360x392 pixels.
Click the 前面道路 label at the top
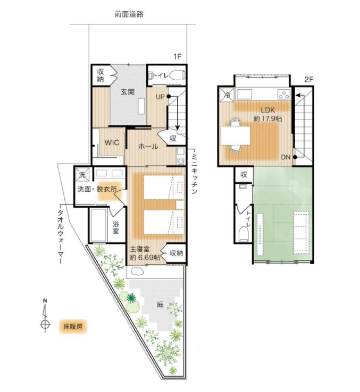pos(129,14)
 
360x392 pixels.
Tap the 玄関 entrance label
pos(128,92)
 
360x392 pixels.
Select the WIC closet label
pos(112,142)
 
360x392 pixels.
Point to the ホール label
pos(148,146)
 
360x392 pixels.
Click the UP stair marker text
pos(160,97)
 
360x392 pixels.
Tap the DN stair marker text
pos(286,157)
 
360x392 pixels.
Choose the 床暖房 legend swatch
pos(73,327)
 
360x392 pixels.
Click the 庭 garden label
pos(160,304)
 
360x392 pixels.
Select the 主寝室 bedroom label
pos(140,249)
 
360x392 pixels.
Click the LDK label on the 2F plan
pos(267,110)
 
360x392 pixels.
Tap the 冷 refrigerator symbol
pos(227,95)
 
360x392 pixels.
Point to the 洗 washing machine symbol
pos(82,175)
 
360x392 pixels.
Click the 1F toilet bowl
pos(177,75)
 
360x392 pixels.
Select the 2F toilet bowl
pos(243,233)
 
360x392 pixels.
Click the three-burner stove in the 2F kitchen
pos(284,95)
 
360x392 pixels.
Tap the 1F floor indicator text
pos(177,57)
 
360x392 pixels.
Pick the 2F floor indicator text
pos(308,80)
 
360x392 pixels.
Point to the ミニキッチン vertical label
pos(195,174)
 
